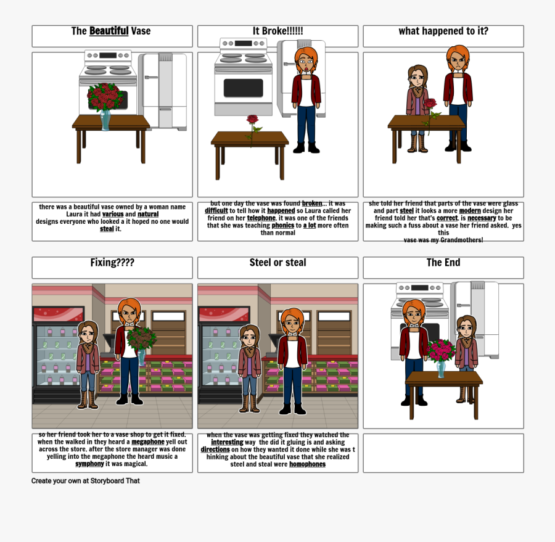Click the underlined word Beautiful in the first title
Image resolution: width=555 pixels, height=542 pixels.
[109, 31]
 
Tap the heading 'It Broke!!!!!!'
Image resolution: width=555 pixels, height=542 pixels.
[277, 31]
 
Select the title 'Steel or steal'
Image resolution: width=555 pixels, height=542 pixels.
[277, 263]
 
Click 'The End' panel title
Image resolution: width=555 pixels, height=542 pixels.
[443, 263]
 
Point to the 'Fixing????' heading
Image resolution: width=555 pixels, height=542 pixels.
[112, 263]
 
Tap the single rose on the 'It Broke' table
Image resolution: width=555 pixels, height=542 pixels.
[252, 123]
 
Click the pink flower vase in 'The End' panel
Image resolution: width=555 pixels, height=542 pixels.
[440, 355]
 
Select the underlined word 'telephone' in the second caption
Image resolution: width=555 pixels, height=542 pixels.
[261, 218]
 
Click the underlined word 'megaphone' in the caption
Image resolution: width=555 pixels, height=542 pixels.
[147, 442]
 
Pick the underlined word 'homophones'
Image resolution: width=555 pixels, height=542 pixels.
[307, 464]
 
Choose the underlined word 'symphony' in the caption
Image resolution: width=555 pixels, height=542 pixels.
[89, 464]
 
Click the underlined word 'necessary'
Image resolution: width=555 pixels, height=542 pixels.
[482, 218]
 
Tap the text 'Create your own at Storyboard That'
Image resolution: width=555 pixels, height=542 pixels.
[86, 481]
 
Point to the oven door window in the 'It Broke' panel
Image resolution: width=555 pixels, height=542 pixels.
[243, 88]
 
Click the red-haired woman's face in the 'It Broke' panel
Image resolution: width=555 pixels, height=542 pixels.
[305, 62]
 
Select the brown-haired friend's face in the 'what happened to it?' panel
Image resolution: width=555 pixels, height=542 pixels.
[417, 78]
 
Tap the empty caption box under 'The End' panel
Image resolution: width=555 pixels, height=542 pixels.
[443, 453]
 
